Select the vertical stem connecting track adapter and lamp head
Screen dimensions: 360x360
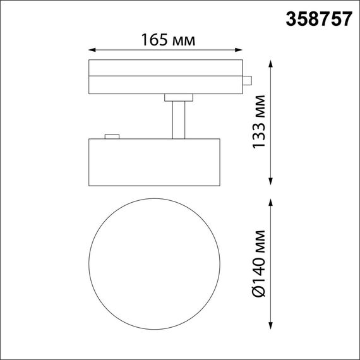coord(178,119)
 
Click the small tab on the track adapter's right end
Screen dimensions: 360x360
coord(248,80)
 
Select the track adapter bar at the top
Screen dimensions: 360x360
coord(165,77)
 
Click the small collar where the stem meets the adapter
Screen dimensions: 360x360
coord(178,97)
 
